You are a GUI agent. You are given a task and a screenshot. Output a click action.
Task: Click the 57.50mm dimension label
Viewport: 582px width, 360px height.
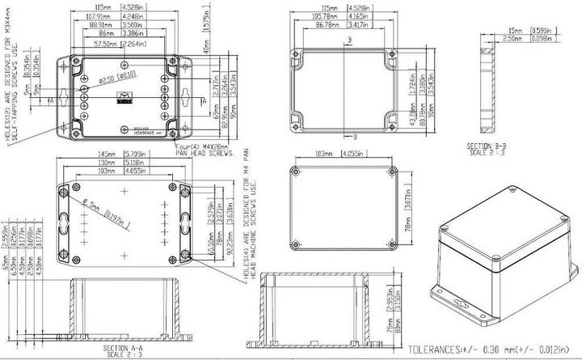pyautogui.click(x=107, y=43)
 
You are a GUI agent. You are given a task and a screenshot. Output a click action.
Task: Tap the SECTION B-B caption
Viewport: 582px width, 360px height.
pyautogui.click(x=487, y=147)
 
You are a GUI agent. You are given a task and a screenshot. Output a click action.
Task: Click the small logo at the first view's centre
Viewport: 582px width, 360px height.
pyautogui.click(x=124, y=99)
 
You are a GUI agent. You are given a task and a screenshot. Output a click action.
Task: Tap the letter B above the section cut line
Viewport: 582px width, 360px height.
pyautogui.click(x=348, y=38)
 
